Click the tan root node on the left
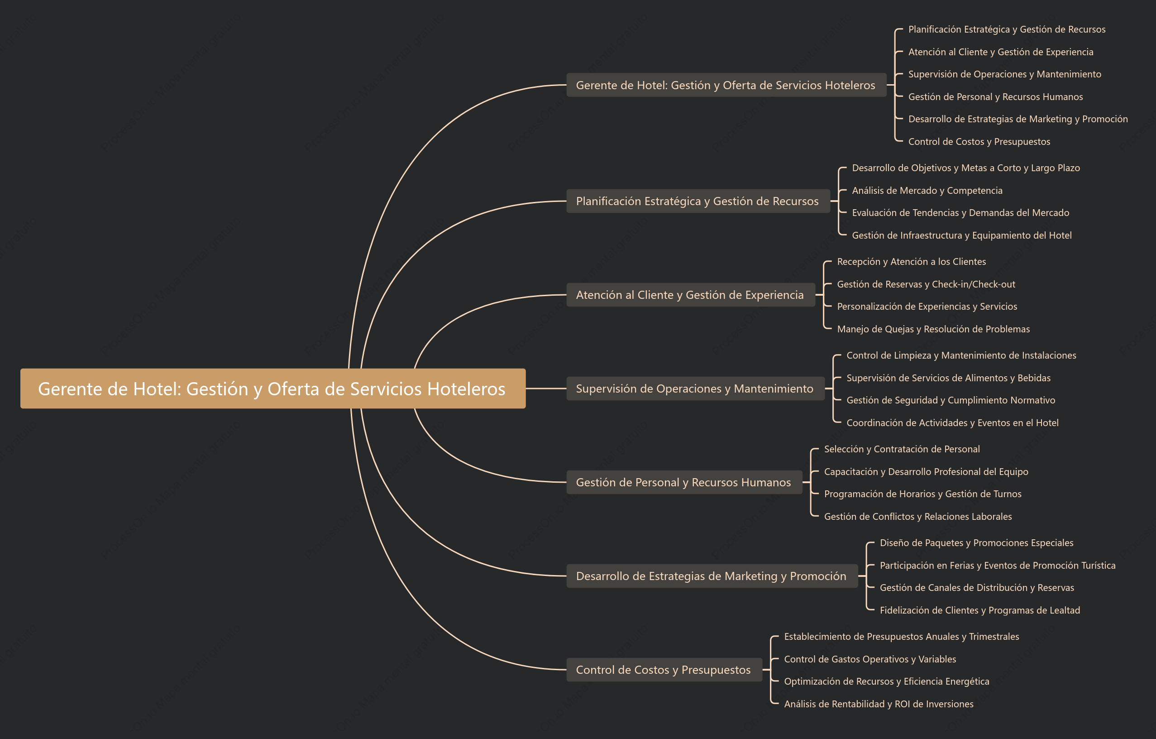[272, 389]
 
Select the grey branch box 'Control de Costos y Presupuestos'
[664, 669]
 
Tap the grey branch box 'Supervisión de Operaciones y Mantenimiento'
[695, 389]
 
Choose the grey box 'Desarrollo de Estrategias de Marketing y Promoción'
[712, 576]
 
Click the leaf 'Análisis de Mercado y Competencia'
[927, 191]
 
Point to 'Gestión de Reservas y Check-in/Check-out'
[926, 284]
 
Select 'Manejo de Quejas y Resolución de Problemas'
[933, 329]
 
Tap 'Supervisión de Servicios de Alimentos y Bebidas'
[948, 378]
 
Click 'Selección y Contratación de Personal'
[902, 449]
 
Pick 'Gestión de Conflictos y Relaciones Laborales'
[918, 516]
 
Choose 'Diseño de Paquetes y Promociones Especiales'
[976, 542]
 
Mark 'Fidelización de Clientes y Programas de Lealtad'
[980, 610]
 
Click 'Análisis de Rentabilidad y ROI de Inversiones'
[879, 704]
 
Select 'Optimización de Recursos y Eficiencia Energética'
[886, 681]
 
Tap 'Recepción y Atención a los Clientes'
[911, 262]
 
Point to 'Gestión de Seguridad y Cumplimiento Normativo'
[951, 400]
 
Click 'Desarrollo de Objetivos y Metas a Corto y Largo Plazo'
[966, 168]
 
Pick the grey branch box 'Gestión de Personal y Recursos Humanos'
[684, 482]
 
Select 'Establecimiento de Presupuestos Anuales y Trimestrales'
[901, 637]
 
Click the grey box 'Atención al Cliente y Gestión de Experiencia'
[691, 295]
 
